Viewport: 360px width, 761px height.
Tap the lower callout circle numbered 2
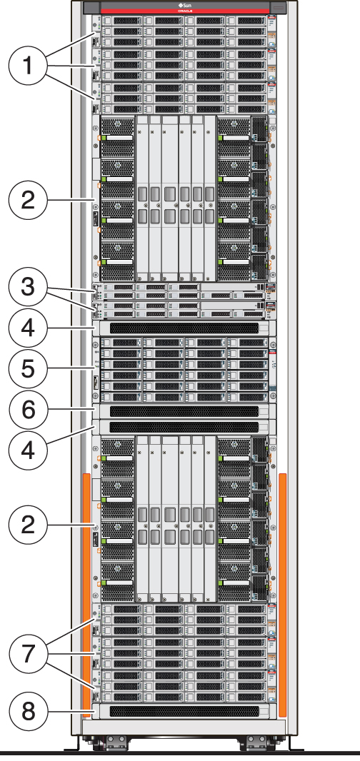pyautogui.click(x=28, y=525)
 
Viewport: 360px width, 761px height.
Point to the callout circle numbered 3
pyautogui.click(x=28, y=288)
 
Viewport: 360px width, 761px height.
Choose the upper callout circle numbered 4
pyautogui.click(x=28, y=328)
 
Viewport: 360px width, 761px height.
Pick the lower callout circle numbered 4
pyautogui.click(x=28, y=450)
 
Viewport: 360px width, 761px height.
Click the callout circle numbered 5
pyautogui.click(x=28, y=368)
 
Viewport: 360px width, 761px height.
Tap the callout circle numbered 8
pyautogui.click(x=28, y=711)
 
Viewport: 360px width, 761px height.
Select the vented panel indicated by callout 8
pyautogui.click(x=185, y=711)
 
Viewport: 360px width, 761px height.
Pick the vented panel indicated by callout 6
pyautogui.click(x=185, y=411)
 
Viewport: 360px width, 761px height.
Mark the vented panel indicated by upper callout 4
pyautogui.click(x=185, y=328)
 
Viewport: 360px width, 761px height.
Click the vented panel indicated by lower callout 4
pyautogui.click(x=185, y=426)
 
